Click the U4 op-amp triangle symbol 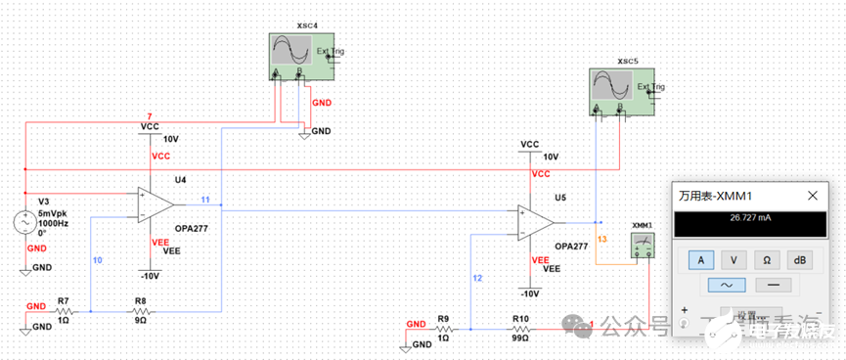click(x=156, y=204)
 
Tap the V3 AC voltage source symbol click(x=24, y=223)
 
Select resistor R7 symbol click(x=63, y=311)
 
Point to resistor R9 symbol click(x=443, y=329)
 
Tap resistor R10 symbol click(x=519, y=329)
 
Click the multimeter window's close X click(x=812, y=196)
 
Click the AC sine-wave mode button click(x=730, y=285)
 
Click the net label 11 click(x=205, y=200)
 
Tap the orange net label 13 click(x=601, y=239)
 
